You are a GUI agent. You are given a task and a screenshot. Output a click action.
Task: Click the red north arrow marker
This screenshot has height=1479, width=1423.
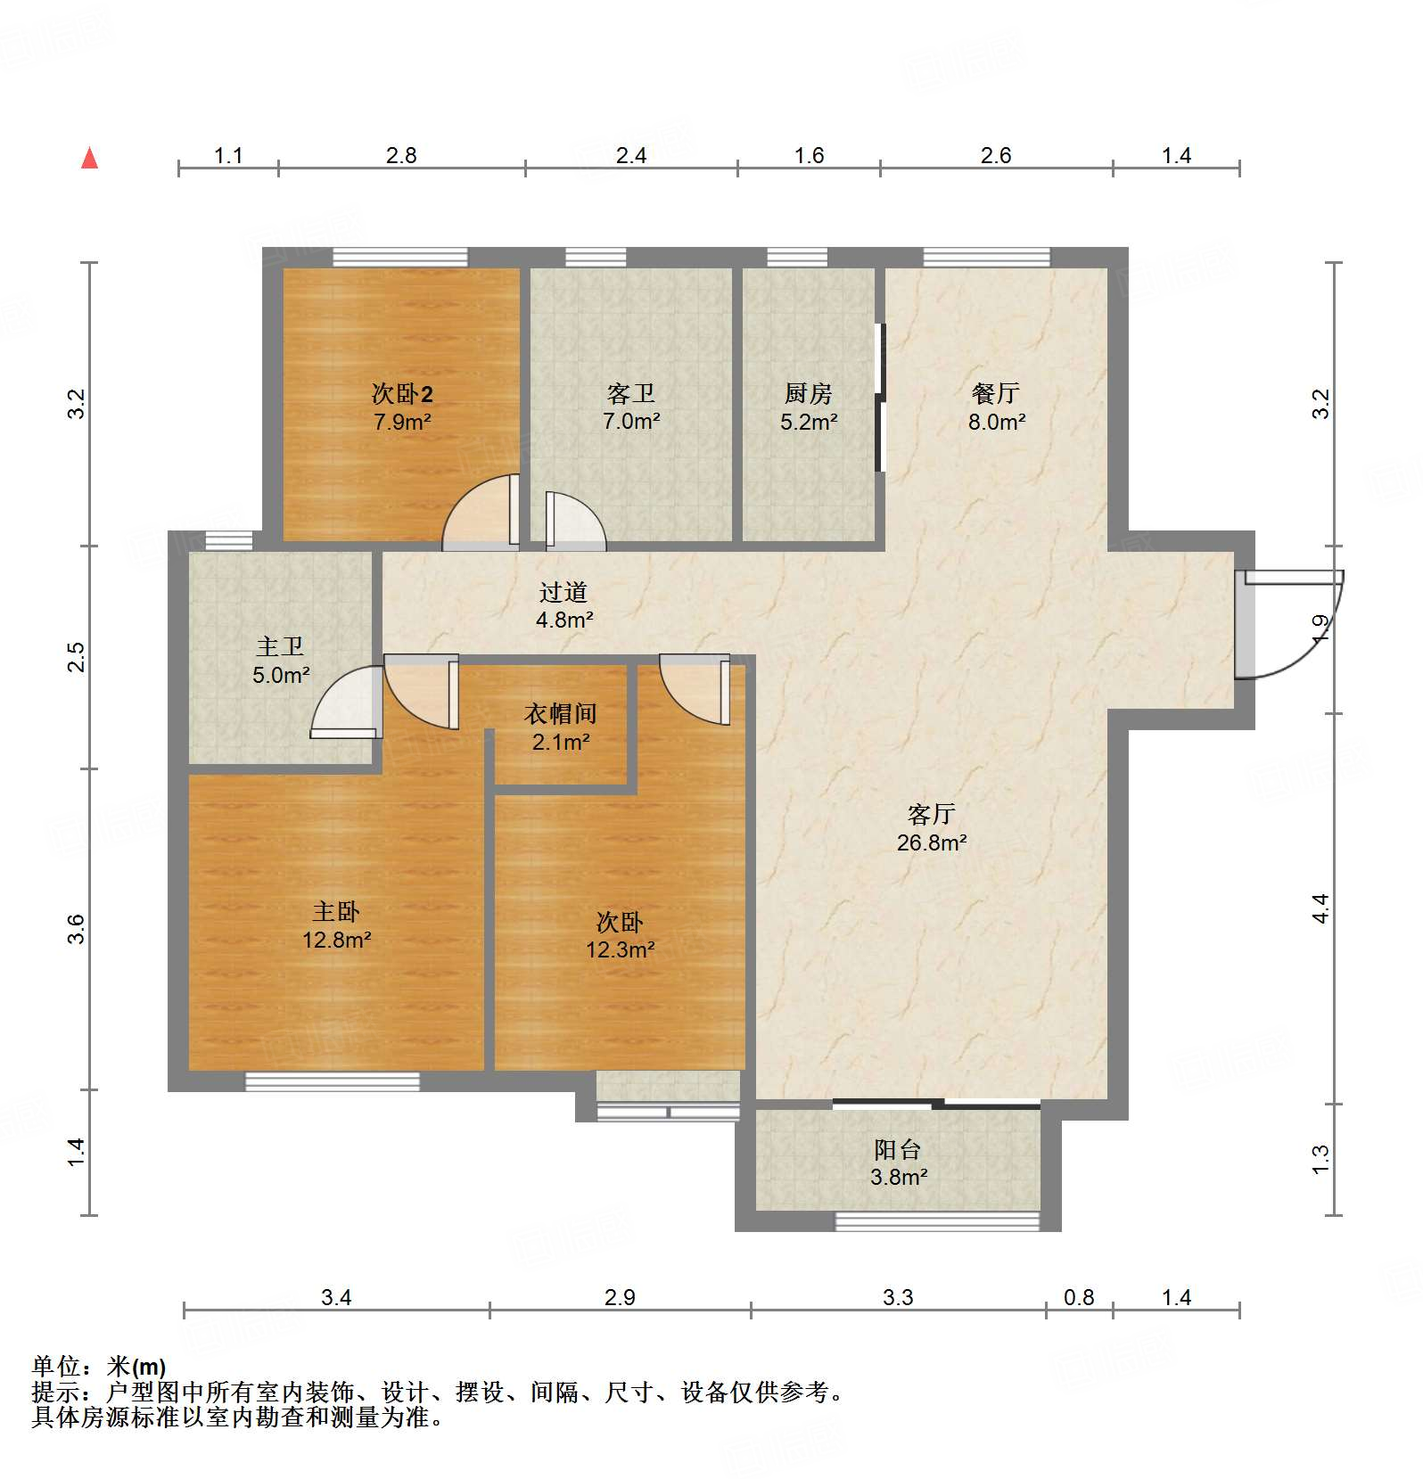pyautogui.click(x=89, y=159)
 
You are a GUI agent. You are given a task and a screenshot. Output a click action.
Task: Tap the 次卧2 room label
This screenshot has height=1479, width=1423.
pyautogui.click(x=402, y=393)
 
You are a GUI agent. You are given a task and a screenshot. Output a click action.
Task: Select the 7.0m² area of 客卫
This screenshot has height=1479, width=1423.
pyautogui.click(x=631, y=422)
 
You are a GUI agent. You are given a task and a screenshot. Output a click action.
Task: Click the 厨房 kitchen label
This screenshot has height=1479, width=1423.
pyautogui.click(x=808, y=393)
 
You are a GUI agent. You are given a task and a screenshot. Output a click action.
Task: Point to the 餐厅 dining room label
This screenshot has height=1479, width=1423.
pyautogui.click(x=996, y=393)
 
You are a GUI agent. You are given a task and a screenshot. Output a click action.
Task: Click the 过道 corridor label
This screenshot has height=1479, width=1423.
pyautogui.click(x=563, y=592)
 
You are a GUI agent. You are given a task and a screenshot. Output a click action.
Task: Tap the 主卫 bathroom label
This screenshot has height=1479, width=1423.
pyautogui.click(x=280, y=646)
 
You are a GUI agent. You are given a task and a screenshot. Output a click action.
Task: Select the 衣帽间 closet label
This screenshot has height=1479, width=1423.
pyautogui.click(x=560, y=713)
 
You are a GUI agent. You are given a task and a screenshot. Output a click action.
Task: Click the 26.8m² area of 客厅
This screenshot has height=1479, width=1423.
pyautogui.click(x=932, y=842)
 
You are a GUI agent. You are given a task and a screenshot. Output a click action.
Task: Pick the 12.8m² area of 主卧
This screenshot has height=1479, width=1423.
pyautogui.click(x=336, y=940)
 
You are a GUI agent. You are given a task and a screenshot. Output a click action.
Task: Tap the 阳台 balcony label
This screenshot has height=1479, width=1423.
pyautogui.click(x=898, y=1149)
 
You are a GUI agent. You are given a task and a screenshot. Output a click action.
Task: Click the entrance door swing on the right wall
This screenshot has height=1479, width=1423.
pyautogui.click(x=1288, y=624)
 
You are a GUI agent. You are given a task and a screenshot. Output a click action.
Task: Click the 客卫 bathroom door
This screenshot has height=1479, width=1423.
pyautogui.click(x=575, y=522)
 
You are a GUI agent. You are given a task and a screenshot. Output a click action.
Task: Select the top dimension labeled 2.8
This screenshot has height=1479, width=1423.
pyautogui.click(x=401, y=156)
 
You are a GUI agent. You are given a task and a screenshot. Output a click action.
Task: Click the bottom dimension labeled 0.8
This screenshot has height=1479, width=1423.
pyautogui.click(x=1079, y=1297)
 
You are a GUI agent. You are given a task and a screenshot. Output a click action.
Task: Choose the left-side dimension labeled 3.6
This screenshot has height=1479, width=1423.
pyautogui.click(x=78, y=929)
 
